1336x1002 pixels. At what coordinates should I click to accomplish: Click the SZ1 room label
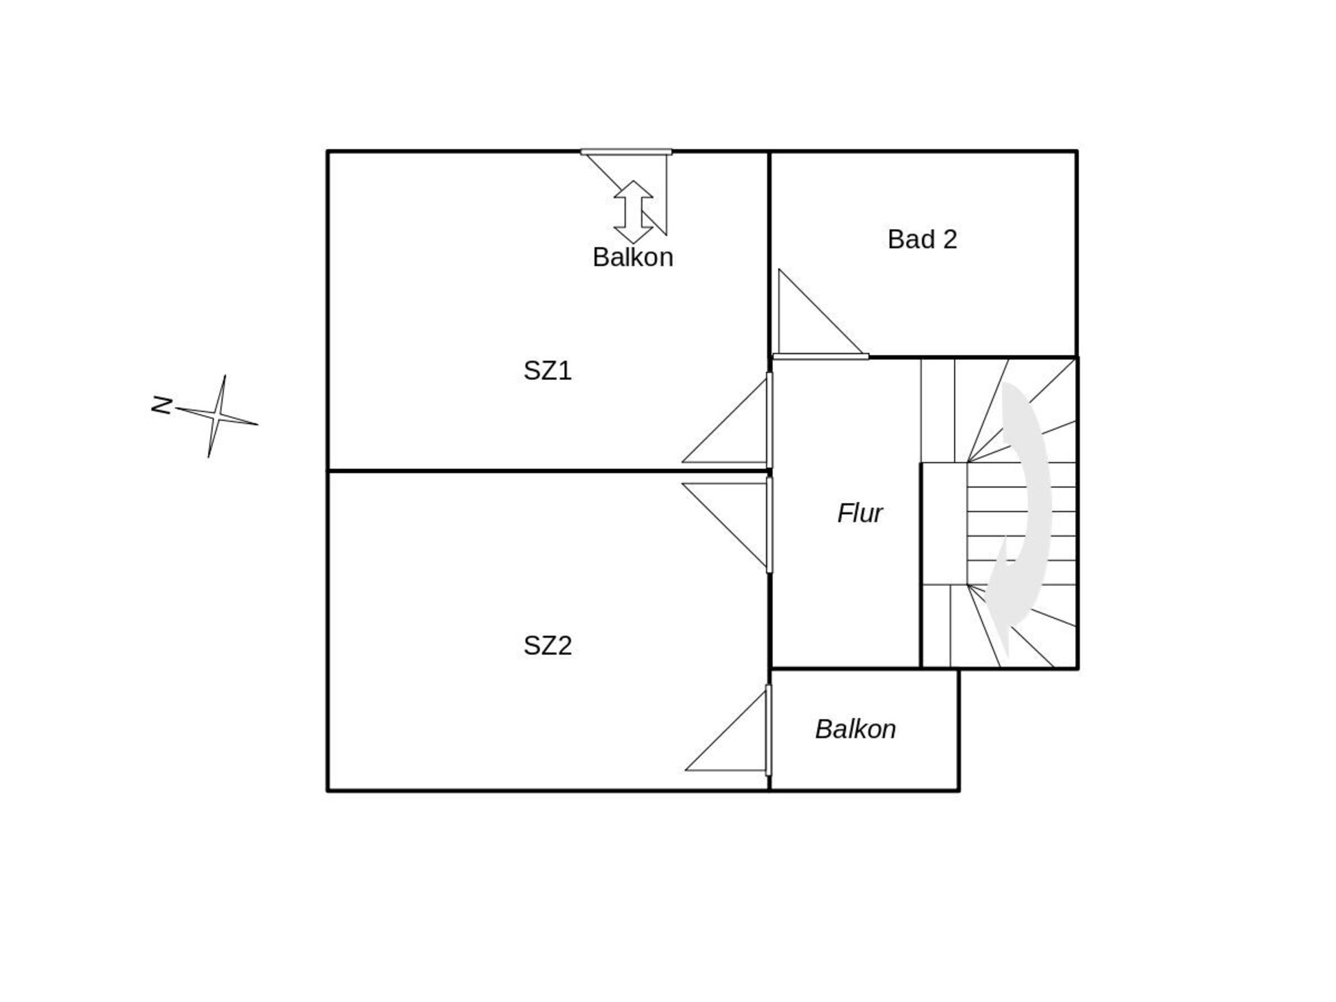pos(548,371)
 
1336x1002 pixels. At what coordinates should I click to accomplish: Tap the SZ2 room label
pos(548,646)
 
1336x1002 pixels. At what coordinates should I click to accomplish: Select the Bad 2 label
pos(922,239)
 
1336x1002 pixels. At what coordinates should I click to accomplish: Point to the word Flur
pos(860,514)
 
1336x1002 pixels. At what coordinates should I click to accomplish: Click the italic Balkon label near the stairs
pos(855,729)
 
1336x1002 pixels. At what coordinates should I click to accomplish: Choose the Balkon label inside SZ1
pos(633,257)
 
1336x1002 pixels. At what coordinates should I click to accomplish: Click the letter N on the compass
pos(162,405)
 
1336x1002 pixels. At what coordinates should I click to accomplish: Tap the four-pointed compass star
pos(217,416)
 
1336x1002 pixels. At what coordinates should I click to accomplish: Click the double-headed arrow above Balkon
pos(633,212)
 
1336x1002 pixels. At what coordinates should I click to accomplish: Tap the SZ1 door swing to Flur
pos(724,420)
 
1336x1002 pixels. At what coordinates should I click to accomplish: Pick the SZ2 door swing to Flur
pos(724,526)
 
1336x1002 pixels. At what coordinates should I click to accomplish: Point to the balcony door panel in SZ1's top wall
pos(626,152)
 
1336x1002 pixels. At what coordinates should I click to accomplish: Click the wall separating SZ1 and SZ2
pos(548,471)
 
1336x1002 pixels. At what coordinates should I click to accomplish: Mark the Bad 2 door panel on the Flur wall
pos(821,357)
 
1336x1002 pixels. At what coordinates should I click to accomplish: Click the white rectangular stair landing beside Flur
pos(944,524)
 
